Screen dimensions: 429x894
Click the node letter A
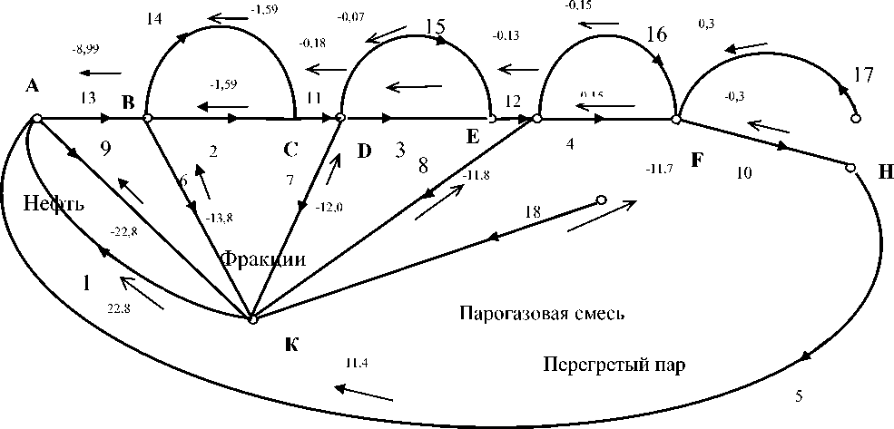point(33,86)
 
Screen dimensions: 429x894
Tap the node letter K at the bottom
point(290,345)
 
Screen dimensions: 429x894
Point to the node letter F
point(696,161)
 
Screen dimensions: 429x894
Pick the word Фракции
point(263,259)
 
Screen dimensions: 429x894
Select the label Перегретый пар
point(614,366)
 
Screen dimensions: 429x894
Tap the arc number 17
point(865,74)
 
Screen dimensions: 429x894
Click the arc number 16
point(658,34)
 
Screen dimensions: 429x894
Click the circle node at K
point(253,318)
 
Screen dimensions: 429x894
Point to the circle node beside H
point(850,167)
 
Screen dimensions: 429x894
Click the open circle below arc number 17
point(854,119)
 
